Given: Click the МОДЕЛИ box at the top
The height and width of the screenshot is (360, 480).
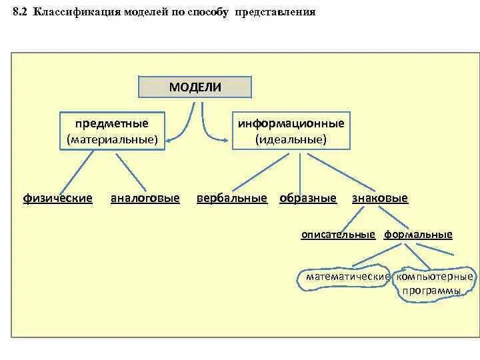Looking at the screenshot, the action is point(195,87).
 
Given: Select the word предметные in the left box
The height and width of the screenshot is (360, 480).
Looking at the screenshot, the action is point(111,124).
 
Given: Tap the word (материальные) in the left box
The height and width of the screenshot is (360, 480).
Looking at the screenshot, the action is point(112,140).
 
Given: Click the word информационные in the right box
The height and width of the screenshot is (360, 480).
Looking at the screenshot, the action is point(291,124).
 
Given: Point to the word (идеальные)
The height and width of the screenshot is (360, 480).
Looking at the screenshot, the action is point(291,140).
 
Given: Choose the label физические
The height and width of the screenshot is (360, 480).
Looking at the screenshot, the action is point(58,199).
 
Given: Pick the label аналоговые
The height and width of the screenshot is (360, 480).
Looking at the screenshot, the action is point(145,199).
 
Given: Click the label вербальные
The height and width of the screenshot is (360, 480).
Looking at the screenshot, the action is point(232,199).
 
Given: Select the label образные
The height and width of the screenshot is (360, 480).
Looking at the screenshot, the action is point(308,199).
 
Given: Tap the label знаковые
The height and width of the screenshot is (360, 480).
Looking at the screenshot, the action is point(379,199).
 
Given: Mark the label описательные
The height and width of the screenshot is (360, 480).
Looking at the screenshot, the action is point(338,235).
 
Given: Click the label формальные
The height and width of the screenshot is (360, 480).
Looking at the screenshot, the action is point(418,235).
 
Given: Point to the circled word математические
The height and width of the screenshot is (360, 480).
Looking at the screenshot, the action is point(347,276).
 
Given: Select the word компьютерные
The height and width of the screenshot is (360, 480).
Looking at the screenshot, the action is point(435,276).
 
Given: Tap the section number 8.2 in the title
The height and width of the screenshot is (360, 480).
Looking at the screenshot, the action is point(20,13).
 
